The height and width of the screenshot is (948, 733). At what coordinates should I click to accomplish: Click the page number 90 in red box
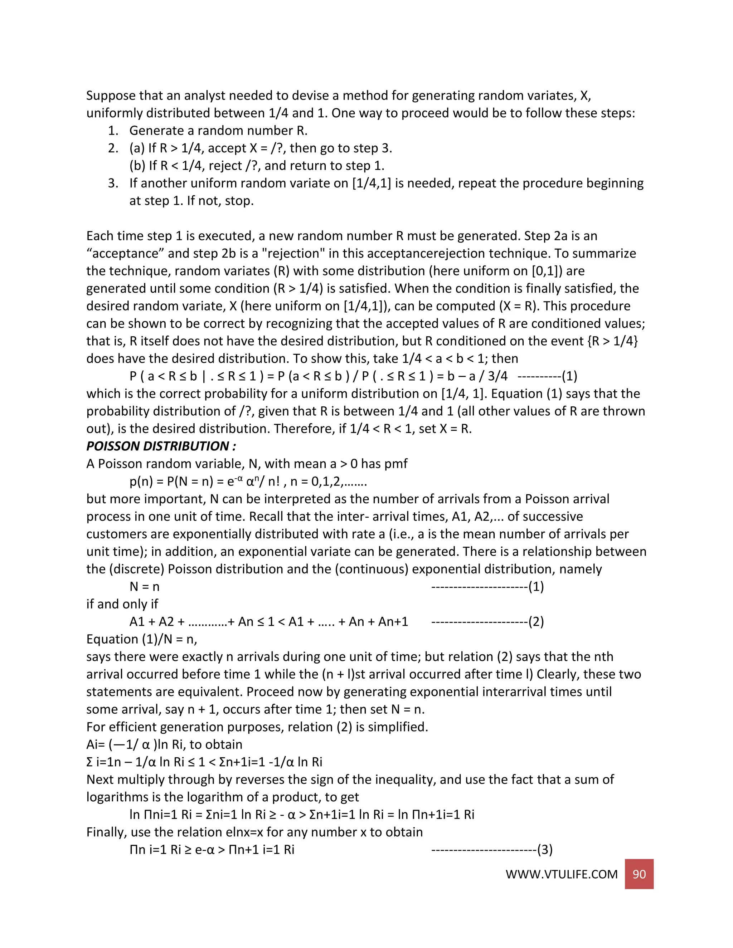click(639, 874)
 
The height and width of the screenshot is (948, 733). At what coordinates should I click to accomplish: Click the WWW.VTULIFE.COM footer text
click(561, 874)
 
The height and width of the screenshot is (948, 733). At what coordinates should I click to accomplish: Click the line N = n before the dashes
click(144, 586)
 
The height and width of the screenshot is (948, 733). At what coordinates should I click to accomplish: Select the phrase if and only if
click(122, 604)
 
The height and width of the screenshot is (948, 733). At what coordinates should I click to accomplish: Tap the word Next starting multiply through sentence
click(100, 779)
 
